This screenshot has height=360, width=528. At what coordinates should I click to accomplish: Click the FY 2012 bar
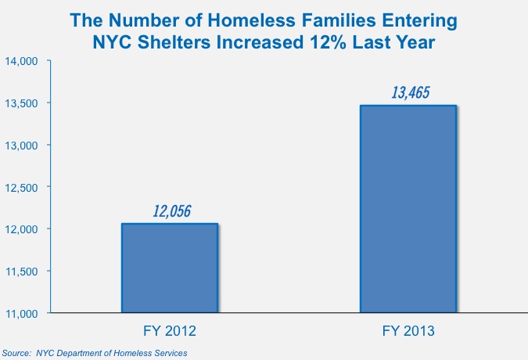(x=169, y=268)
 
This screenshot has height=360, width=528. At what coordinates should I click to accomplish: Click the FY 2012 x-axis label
(x=169, y=330)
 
